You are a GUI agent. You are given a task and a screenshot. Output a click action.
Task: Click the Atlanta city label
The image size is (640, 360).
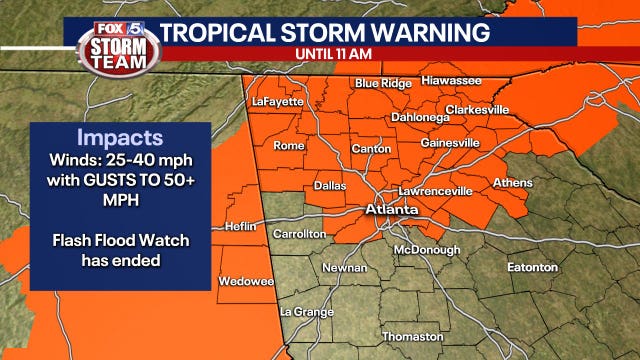pos(390,211)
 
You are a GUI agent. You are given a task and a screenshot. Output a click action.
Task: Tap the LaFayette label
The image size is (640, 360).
pos(276,101)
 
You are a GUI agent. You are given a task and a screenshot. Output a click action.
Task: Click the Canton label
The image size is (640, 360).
pos(371,149)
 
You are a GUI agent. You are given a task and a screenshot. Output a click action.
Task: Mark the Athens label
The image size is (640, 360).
pos(512,183)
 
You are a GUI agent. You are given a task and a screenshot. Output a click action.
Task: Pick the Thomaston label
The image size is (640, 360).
pos(412,336)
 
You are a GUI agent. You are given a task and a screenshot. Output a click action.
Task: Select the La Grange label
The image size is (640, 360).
pos(307,312)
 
